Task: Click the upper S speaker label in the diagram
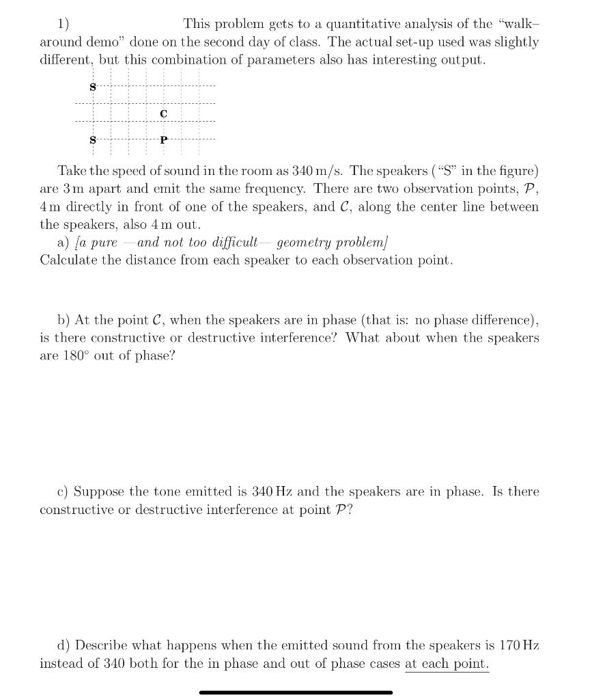(x=93, y=86)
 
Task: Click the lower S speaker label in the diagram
(x=93, y=140)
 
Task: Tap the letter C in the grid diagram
(x=163, y=113)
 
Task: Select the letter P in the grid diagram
(x=163, y=140)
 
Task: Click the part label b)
(x=65, y=320)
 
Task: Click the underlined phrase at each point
(x=447, y=664)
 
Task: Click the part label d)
(x=65, y=645)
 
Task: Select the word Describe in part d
(x=102, y=645)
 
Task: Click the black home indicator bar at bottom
(x=296, y=692)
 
